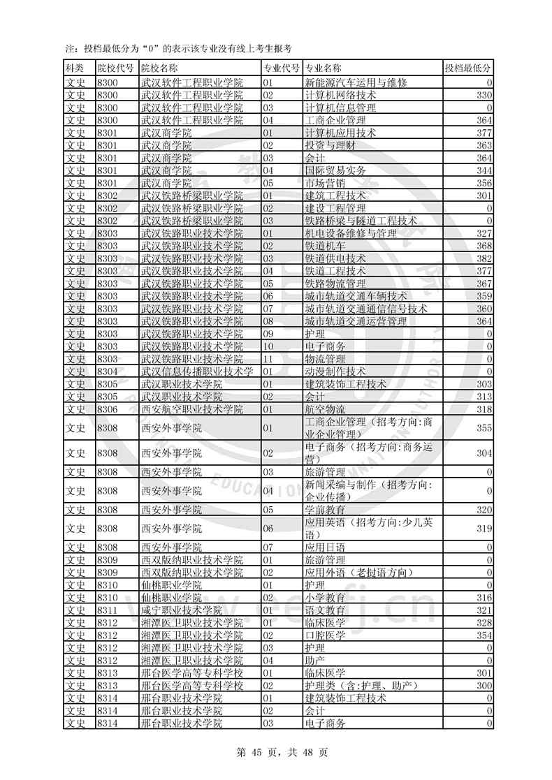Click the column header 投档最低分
coord(467,68)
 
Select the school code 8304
coord(107,371)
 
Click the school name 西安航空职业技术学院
coord(191,409)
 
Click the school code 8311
coord(107,610)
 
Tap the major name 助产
coord(315,661)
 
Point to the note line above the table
coord(177,48)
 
